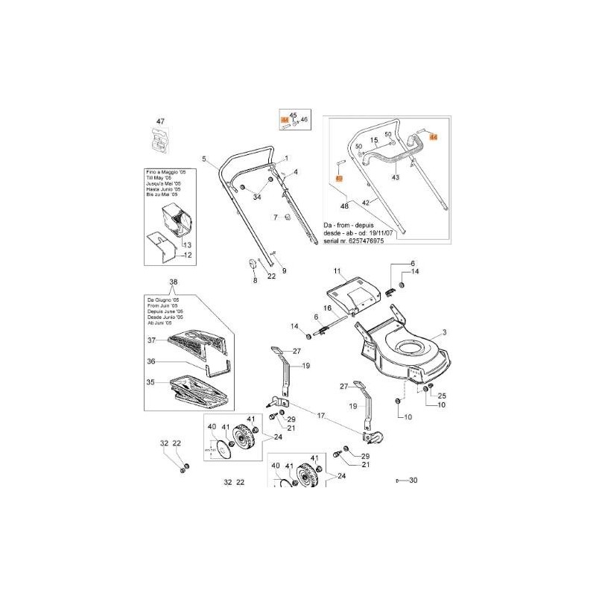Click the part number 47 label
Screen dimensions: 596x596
click(x=159, y=121)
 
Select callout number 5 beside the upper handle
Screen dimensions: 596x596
click(x=203, y=158)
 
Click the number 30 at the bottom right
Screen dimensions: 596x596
click(x=413, y=481)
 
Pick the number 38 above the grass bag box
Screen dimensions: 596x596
click(x=174, y=282)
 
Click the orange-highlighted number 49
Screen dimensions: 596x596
click(x=338, y=179)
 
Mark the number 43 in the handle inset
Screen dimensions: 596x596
click(x=396, y=177)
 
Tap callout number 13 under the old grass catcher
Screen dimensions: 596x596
click(x=187, y=245)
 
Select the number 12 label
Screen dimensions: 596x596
click(x=188, y=256)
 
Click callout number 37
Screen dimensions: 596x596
click(x=151, y=340)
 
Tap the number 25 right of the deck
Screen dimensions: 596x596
click(x=441, y=395)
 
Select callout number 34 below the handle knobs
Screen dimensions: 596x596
click(x=257, y=197)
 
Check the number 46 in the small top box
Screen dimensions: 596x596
click(x=304, y=119)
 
